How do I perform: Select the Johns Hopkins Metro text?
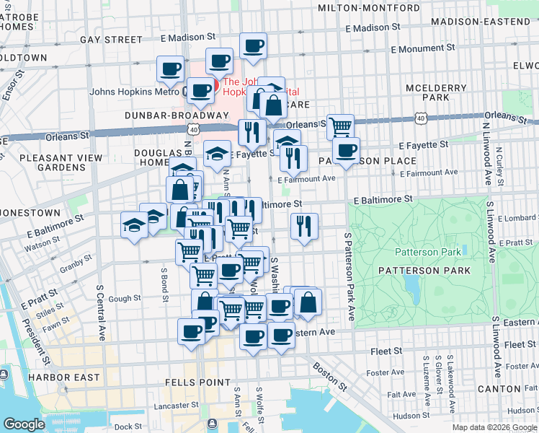point(134,92)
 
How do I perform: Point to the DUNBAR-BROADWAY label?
point(176,115)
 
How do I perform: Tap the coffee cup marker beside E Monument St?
point(252,48)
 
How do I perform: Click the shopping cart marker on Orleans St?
point(340,127)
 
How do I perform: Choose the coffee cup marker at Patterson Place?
point(347,150)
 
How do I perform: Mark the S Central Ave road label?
point(101,303)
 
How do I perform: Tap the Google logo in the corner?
point(24,424)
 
